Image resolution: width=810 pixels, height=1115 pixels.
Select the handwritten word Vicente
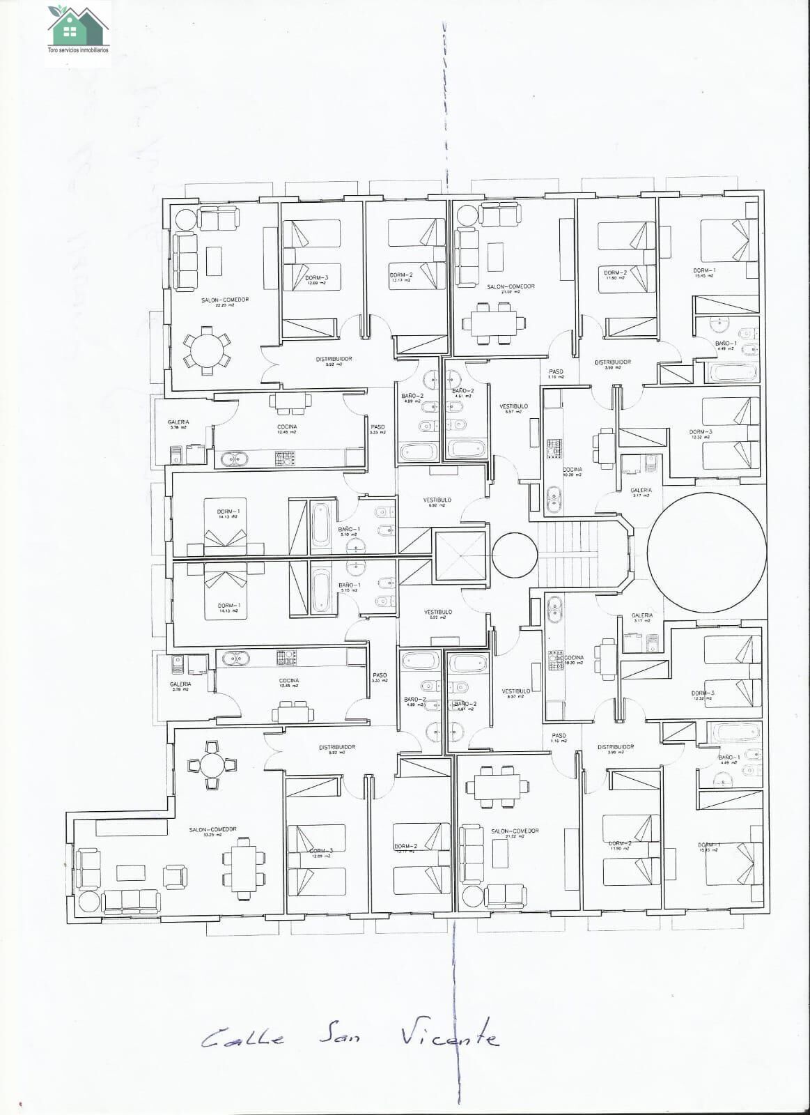[x=450, y=1037]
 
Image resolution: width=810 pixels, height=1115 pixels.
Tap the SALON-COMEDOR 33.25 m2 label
[x=212, y=831]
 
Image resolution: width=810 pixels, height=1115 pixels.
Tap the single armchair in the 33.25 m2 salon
[x=175, y=876]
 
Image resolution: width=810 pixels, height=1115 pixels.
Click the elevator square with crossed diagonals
[x=460, y=555]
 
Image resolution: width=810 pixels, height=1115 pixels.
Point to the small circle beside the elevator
[x=515, y=555]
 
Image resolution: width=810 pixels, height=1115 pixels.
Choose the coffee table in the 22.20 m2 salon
[x=213, y=261]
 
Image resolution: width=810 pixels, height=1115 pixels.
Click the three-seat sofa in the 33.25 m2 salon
[x=131, y=900]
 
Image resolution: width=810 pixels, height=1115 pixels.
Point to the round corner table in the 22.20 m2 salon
[x=187, y=220]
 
